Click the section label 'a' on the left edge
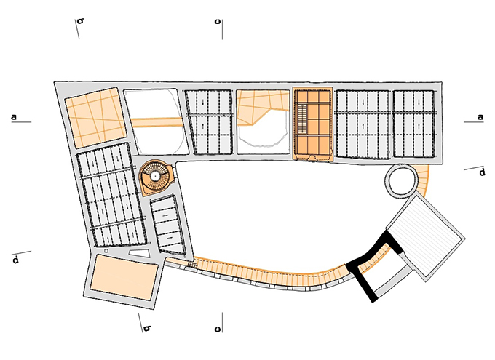click(x=14, y=117)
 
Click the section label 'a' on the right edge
click(x=480, y=117)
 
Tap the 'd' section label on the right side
click(x=482, y=172)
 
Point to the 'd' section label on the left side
click(x=15, y=260)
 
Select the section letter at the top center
click(x=217, y=22)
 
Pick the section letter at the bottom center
click(x=217, y=329)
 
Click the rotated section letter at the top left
click(x=81, y=21)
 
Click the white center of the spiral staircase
click(x=155, y=175)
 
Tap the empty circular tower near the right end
click(x=402, y=181)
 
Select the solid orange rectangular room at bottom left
click(x=124, y=277)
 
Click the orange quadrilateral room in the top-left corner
click(x=95, y=118)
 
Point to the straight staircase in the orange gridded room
click(x=302, y=119)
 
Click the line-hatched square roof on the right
click(x=426, y=238)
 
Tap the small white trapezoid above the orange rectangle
click(x=139, y=253)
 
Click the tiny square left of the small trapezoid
click(x=106, y=251)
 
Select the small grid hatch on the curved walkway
click(x=193, y=265)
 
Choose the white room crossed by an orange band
click(x=156, y=121)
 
